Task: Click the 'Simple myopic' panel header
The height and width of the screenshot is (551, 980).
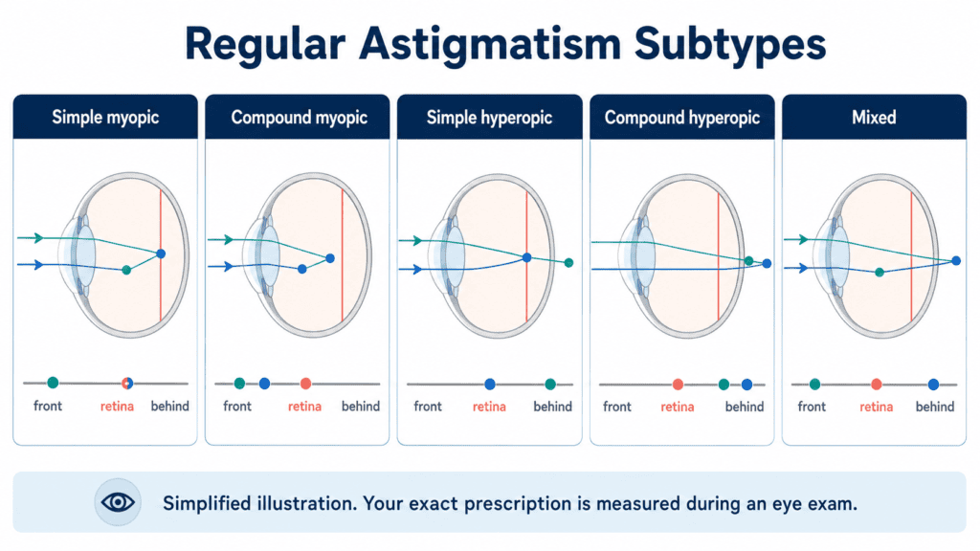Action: pyautogui.click(x=105, y=117)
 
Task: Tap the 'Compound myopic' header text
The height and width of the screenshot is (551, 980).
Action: pyautogui.click(x=299, y=118)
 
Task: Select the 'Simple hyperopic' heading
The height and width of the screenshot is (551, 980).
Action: pyautogui.click(x=489, y=118)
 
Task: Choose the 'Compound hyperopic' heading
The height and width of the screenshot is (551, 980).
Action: pyautogui.click(x=681, y=118)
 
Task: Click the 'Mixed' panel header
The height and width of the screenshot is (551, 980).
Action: pyautogui.click(x=874, y=117)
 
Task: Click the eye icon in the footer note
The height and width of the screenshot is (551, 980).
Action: pyautogui.click(x=118, y=501)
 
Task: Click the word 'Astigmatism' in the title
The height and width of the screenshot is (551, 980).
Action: pyautogui.click(x=489, y=45)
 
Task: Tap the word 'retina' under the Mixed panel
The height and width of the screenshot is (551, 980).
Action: pyautogui.click(x=876, y=407)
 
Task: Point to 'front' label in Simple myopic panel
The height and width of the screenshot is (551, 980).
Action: pyautogui.click(x=48, y=406)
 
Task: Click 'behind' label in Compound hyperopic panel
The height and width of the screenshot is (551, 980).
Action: pyautogui.click(x=745, y=407)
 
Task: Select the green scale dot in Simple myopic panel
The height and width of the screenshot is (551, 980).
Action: pyautogui.click(x=54, y=383)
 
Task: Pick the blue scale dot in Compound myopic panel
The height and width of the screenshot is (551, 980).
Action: pyautogui.click(x=264, y=384)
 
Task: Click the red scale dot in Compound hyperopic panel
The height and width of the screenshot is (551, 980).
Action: pyautogui.click(x=678, y=385)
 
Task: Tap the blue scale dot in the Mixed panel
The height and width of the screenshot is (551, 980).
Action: pyautogui.click(x=933, y=385)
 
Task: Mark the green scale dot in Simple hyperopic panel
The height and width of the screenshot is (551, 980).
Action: pyautogui.click(x=550, y=384)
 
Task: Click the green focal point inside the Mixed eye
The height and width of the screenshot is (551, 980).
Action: pyautogui.click(x=880, y=273)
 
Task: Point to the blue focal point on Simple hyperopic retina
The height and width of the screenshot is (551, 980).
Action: pyautogui.click(x=527, y=257)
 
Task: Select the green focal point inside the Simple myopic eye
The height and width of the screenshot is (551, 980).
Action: pyautogui.click(x=126, y=270)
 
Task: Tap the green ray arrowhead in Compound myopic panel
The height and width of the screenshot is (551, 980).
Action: pyautogui.click(x=228, y=239)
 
